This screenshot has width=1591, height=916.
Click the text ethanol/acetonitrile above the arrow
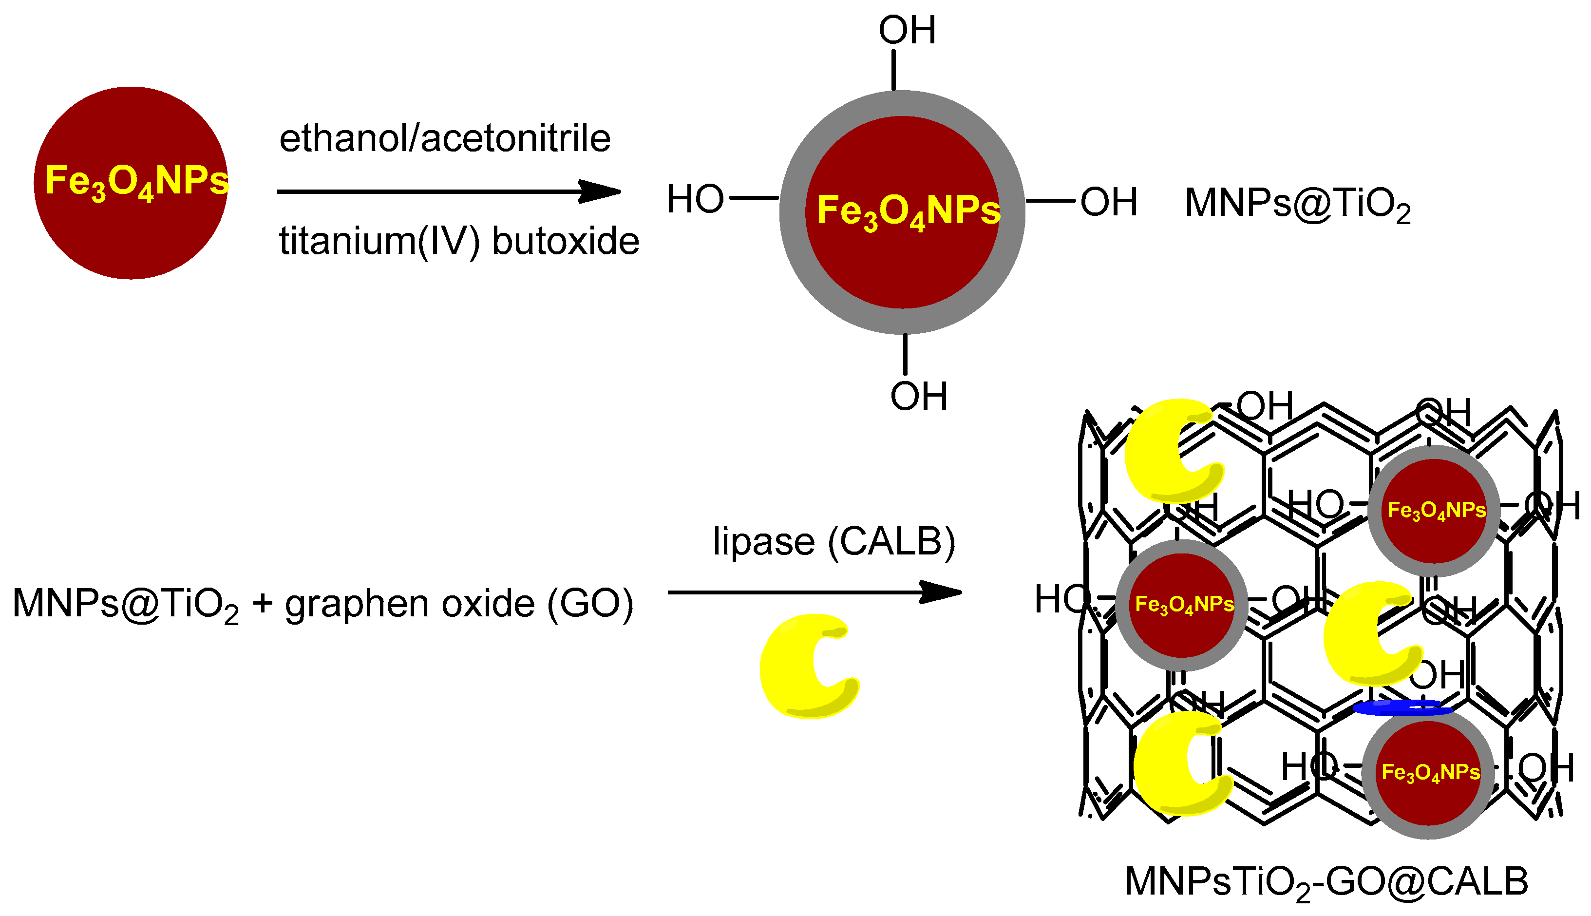[445, 138]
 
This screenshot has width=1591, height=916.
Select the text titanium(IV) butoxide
[459, 241]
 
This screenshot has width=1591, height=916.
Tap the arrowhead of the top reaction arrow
[601, 191]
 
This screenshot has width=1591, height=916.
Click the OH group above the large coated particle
[907, 30]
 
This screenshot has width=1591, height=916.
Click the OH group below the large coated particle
[918, 396]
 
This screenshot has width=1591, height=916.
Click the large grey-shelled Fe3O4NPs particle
[902, 212]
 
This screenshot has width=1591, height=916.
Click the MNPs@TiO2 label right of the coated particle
[1297, 204]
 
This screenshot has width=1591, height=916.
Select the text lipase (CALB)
[834, 542]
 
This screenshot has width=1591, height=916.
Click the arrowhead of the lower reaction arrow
[941, 592]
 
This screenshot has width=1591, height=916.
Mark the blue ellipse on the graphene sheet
[1402, 709]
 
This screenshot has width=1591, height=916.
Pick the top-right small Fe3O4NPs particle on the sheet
[1434, 511]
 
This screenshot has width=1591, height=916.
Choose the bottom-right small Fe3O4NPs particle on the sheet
[1428, 773]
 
